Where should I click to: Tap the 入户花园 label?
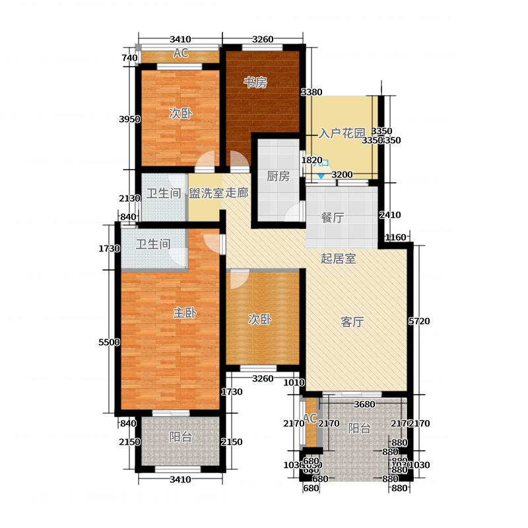pos(342,133)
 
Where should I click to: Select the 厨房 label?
pos(278,176)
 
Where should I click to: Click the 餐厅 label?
pos(333,218)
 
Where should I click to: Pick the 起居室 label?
pos(339,259)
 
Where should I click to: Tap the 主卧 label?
pos(183,313)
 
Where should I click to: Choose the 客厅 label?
pos(353,323)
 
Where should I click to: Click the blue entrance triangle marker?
pos(321,176)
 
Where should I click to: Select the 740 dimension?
pos(130,58)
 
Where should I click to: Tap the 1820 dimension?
pos(312,160)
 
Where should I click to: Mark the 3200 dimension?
pos(342,175)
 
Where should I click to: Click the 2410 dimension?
pos(390,214)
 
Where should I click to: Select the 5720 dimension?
pos(420,321)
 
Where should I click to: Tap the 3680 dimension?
pos(365,405)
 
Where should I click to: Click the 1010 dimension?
pos(293,382)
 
